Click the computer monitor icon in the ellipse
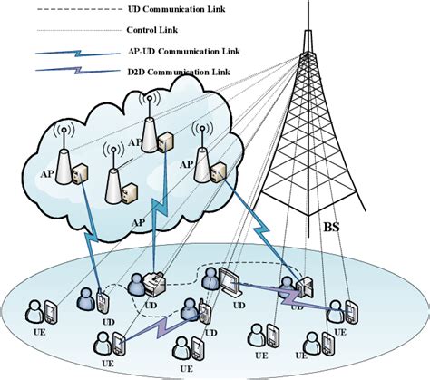click(229, 280)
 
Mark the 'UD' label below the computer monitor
click(238, 307)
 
